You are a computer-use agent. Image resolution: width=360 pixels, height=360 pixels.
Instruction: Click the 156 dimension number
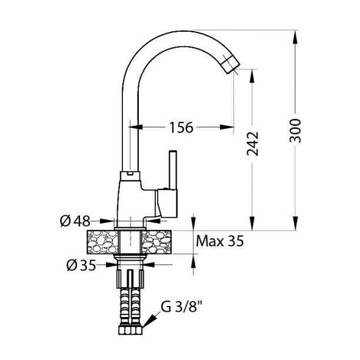click(x=181, y=128)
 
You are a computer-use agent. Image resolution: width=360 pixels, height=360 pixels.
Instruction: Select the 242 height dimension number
click(x=252, y=144)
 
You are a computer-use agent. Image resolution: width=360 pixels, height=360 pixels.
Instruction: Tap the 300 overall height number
click(x=295, y=131)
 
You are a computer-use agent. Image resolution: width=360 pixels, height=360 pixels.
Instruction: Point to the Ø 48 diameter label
click(x=75, y=221)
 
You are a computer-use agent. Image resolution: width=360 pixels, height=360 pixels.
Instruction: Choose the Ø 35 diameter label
click(x=81, y=265)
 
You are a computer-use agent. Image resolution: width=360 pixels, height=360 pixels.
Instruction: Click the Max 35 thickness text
click(x=220, y=241)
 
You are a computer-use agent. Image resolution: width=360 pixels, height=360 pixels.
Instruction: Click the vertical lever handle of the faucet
click(x=173, y=170)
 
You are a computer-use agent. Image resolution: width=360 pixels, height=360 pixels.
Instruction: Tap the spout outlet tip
click(x=231, y=65)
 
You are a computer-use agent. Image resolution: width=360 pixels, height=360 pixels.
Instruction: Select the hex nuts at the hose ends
click(x=130, y=330)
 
